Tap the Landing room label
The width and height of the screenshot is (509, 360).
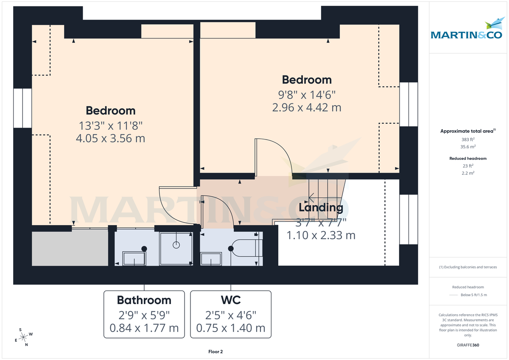(321, 208)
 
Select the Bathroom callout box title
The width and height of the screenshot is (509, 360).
(144, 300)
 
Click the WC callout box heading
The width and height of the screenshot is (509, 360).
(231, 300)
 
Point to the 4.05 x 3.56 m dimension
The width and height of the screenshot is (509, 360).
(110, 138)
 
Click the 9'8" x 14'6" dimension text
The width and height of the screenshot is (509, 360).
(307, 94)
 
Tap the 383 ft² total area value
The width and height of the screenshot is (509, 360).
(467, 140)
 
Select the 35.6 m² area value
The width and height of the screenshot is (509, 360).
(467, 147)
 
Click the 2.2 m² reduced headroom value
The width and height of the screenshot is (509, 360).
(468, 173)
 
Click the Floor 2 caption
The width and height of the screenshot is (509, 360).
(215, 352)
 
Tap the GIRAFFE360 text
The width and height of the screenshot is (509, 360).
(468, 345)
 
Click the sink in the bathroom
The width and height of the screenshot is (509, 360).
(134, 258)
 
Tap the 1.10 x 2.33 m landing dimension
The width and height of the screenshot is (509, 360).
(321, 235)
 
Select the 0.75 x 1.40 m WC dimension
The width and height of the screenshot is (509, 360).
(231, 328)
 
